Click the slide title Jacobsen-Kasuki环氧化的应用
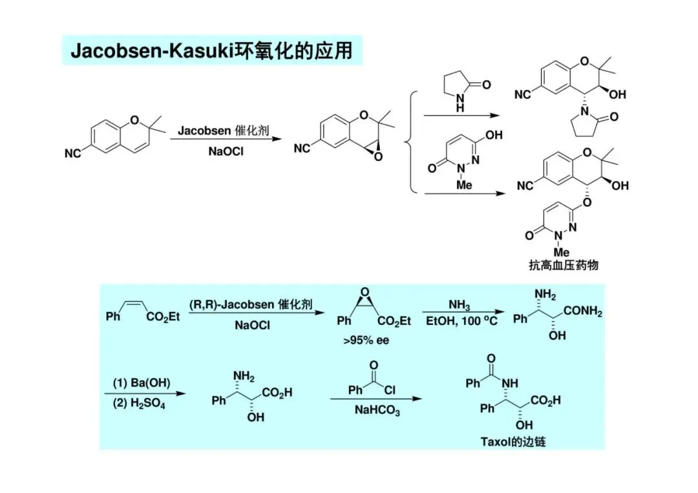coord(211,50)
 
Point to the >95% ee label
coord(366,341)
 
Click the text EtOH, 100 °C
coord(461,321)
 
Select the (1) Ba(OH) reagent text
coord(142,383)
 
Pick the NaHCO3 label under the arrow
coord(377,410)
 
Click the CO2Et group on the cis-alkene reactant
coord(164,317)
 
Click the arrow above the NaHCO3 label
coord(377,399)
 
